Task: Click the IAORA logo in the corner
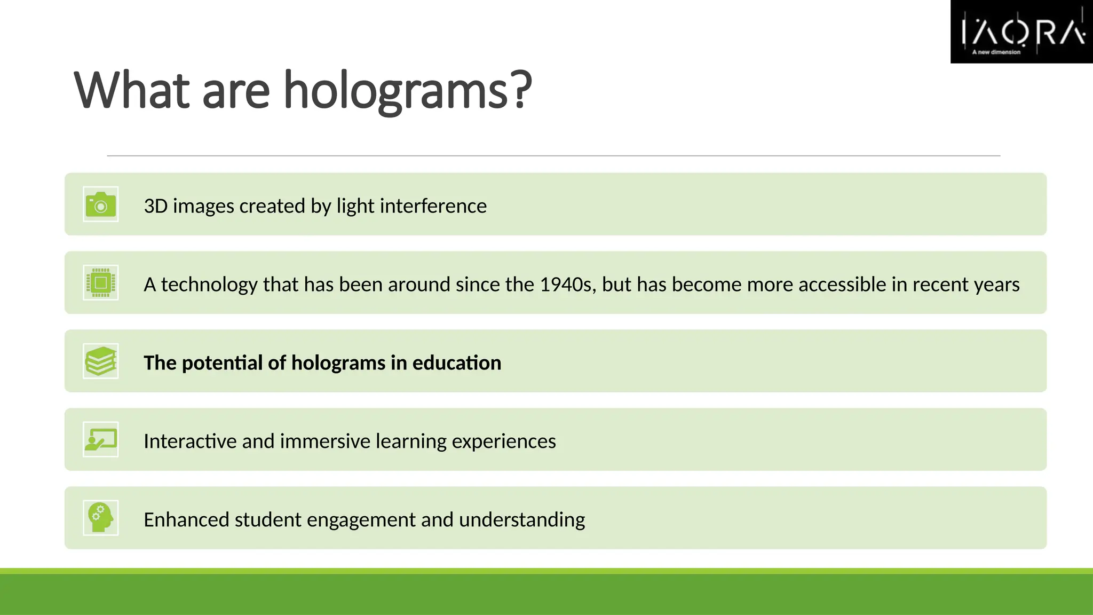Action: (x=1021, y=32)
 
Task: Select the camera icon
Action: (x=101, y=204)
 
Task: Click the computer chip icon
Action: (x=101, y=283)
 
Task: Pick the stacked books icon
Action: (x=101, y=361)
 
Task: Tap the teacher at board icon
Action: (x=101, y=440)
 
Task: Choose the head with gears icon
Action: (x=101, y=518)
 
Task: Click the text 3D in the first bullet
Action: (x=156, y=206)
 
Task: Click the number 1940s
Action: (x=568, y=285)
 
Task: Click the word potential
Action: (x=222, y=363)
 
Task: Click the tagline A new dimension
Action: (x=996, y=52)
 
